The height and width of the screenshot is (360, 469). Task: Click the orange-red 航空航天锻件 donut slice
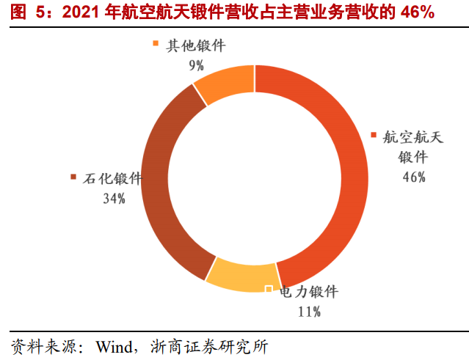pos(345,176)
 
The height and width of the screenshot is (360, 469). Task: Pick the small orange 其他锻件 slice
pos(224,83)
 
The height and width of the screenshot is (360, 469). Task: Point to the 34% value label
pos(113,198)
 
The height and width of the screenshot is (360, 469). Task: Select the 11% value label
pos(309,312)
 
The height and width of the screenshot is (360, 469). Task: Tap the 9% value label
pos(196,65)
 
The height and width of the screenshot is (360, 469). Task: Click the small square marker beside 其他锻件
pos(156,45)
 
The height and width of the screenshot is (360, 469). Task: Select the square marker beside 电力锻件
pos(269,290)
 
